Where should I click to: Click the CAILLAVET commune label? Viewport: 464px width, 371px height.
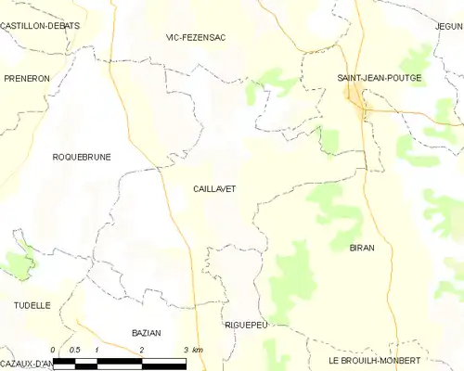(x=214, y=188)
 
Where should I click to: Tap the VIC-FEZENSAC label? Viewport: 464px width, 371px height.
(x=196, y=37)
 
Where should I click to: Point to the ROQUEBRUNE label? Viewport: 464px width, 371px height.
(x=82, y=157)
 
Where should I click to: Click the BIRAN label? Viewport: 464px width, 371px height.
(x=362, y=248)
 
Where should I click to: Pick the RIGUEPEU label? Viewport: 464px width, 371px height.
(x=246, y=326)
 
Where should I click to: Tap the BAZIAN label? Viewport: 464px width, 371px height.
(x=147, y=332)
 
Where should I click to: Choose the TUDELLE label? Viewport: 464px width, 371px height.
(x=32, y=304)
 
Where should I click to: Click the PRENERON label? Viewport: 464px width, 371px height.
(x=25, y=79)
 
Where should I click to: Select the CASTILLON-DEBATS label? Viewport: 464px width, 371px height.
(x=40, y=26)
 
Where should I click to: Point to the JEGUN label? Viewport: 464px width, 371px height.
(x=448, y=27)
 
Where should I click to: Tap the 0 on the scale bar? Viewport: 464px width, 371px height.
(x=54, y=350)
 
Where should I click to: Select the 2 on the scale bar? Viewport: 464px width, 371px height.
(x=141, y=350)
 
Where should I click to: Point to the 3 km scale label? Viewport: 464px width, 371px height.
(x=192, y=350)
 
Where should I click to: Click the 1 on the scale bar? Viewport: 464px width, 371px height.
(x=97, y=350)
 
